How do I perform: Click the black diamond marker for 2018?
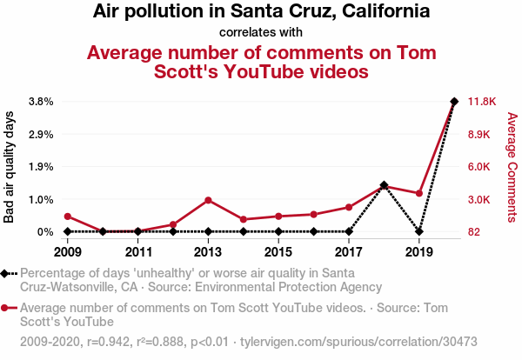384,185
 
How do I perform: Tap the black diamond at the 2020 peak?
454,102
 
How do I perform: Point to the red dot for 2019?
419,193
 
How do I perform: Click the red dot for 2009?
68,217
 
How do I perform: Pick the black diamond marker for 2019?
419,231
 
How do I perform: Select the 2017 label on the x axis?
349,252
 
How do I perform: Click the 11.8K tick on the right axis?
482,102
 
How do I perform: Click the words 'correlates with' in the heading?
261,32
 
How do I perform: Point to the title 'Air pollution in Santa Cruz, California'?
261,12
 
